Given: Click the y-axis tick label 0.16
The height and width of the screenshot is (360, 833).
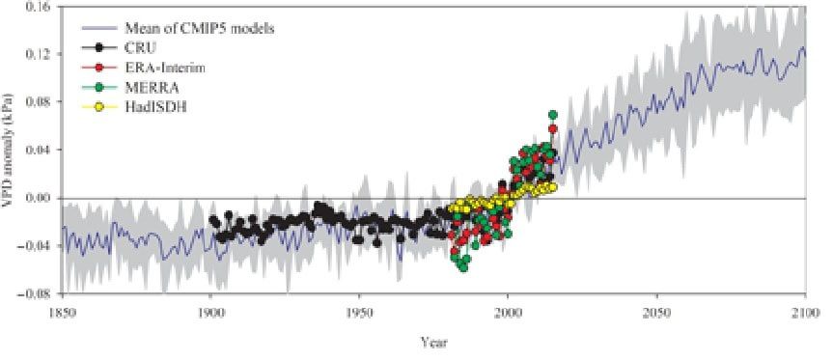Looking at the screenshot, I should [40, 6].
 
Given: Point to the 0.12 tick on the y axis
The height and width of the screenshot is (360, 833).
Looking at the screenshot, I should [40, 54].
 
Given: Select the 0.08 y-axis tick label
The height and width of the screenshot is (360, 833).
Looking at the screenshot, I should [40, 102].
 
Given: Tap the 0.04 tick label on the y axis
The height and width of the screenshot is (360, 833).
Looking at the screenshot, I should [40, 150].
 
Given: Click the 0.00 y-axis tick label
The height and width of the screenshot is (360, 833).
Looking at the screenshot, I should [40, 198].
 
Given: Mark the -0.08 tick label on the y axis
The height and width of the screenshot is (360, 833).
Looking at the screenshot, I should [38, 293].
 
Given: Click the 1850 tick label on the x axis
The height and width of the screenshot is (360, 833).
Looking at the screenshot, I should [62, 312].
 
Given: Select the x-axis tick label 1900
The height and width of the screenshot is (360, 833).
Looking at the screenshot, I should [210, 312].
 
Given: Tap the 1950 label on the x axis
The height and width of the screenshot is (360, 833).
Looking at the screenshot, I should [359, 312].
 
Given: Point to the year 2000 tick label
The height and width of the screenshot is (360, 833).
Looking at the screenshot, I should [508, 312].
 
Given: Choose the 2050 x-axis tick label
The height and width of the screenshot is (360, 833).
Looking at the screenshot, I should [656, 312].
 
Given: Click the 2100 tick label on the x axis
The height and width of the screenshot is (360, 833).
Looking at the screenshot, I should [805, 312].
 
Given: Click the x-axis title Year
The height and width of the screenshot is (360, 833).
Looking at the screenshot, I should [433, 341].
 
